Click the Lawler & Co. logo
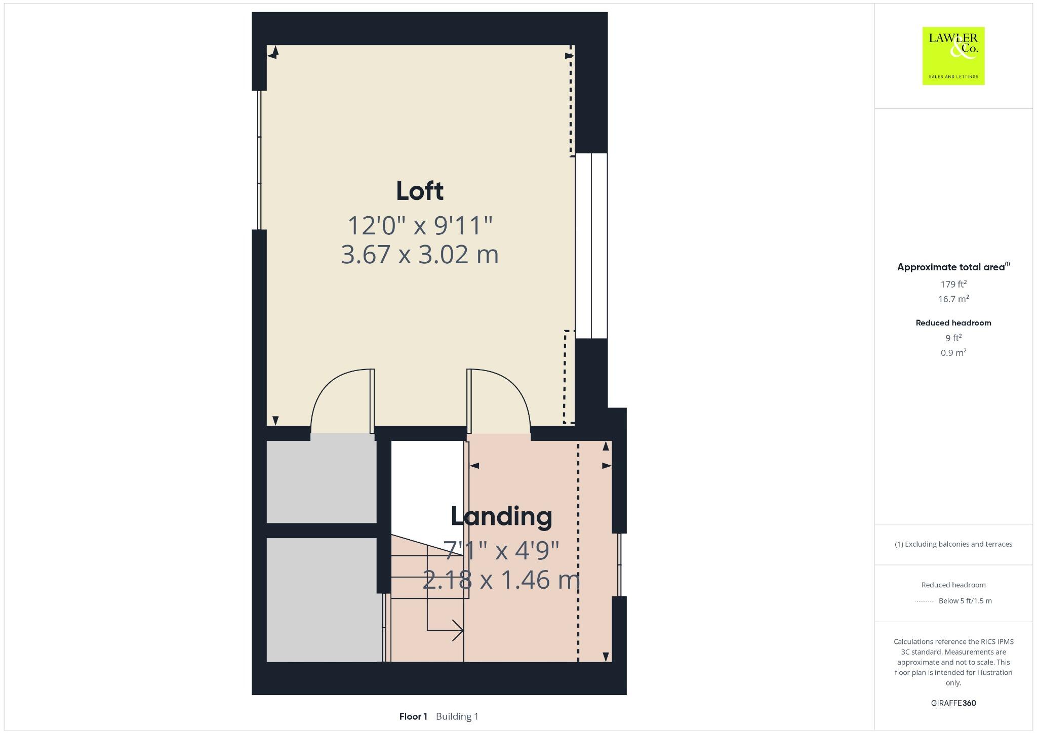953,56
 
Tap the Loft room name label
419,191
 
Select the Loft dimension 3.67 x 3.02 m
419,254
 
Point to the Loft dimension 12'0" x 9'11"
419,225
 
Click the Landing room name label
501,516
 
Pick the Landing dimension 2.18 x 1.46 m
501,580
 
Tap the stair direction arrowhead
458,630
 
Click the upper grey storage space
321,481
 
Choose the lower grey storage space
323,599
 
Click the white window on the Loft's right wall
591,246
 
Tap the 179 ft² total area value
953,284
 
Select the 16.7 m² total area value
953,299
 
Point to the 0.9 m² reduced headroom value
953,352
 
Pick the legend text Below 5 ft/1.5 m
965,601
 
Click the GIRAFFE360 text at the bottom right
953,703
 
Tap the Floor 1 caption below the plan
413,716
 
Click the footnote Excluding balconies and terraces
953,544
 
